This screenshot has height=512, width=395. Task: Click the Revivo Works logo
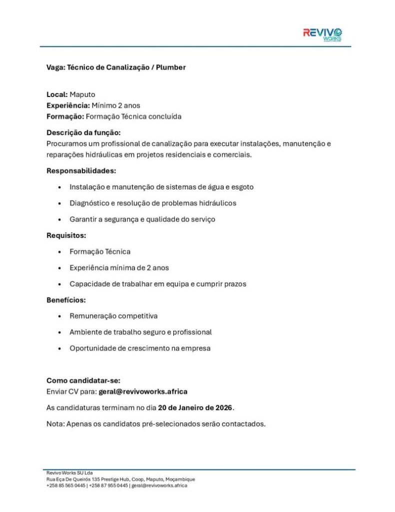pyautogui.click(x=322, y=34)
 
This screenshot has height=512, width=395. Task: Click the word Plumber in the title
pyautogui.click(x=171, y=67)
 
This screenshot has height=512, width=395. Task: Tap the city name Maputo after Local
pyautogui.click(x=82, y=94)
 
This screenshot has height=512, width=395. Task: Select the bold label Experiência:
pyautogui.click(x=68, y=105)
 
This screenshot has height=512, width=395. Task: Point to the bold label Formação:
pyautogui.click(x=65, y=116)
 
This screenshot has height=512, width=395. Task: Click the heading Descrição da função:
pyautogui.click(x=83, y=132)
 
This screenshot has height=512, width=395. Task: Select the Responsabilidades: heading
pyautogui.click(x=81, y=170)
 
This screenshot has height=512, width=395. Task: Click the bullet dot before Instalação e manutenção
pyautogui.click(x=60, y=187)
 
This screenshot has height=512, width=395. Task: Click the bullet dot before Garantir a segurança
pyautogui.click(x=60, y=219)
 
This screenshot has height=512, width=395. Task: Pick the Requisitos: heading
pyautogui.click(x=66, y=235)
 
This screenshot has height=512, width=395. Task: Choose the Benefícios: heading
pyautogui.click(x=66, y=300)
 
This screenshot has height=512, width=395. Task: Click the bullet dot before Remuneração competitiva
pyautogui.click(x=60, y=316)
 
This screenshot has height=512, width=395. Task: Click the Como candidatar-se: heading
pyautogui.click(x=83, y=380)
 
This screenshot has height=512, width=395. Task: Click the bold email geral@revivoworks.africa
pyautogui.click(x=143, y=391)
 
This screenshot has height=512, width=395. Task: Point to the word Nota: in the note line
pyautogui.click(x=55, y=424)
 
